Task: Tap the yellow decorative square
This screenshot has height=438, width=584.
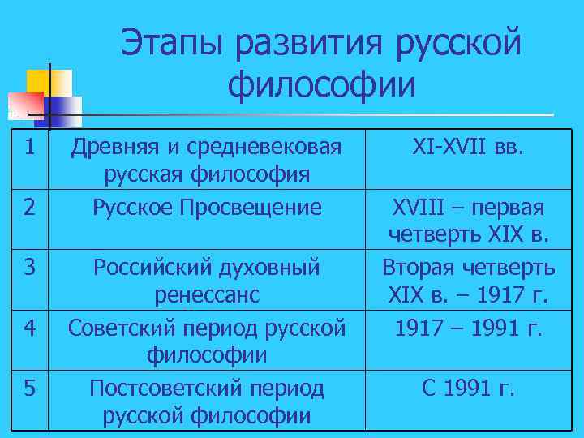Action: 49,83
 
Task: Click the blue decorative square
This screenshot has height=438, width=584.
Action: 61,109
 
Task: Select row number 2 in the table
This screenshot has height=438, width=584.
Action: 28,208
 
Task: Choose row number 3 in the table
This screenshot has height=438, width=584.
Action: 28,267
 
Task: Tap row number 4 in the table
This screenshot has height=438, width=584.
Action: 28,328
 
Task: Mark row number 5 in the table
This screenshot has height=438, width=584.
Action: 28,389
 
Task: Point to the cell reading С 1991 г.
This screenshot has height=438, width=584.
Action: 469,389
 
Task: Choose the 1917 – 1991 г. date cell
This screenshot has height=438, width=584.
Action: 470,328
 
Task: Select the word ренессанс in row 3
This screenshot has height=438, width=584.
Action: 207,294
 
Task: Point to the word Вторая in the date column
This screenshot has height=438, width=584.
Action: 419,267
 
